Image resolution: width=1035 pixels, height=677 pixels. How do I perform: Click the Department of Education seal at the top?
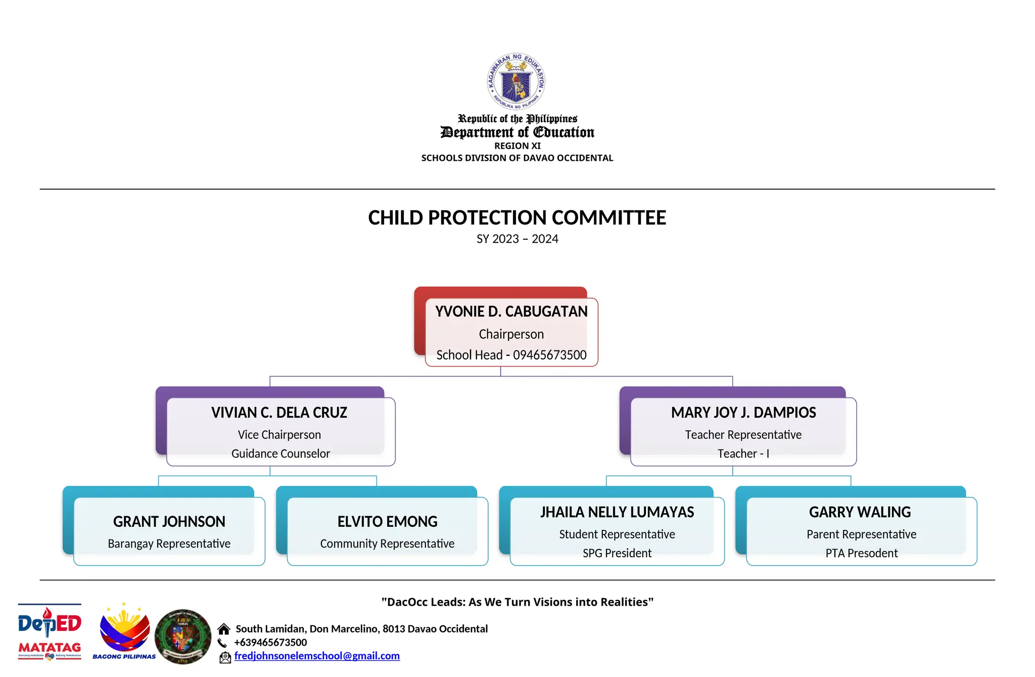coord(516,81)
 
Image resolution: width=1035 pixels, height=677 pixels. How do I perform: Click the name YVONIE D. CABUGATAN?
coord(511,311)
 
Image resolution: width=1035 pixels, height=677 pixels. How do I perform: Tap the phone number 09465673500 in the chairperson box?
coord(549,355)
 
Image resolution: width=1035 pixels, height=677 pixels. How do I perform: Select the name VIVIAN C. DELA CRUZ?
coord(279,413)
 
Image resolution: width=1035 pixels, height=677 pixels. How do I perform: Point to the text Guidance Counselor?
coord(280,454)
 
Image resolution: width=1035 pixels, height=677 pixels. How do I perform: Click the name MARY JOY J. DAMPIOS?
coord(743,413)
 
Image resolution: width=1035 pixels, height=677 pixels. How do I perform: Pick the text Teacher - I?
coord(743,454)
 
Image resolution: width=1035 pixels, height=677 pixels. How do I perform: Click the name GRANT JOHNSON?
coord(169,521)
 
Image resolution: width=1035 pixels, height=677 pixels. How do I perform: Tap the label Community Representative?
coord(387,544)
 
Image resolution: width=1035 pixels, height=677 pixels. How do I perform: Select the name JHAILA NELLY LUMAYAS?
coord(617,512)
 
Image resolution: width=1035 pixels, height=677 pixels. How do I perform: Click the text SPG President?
coord(617,553)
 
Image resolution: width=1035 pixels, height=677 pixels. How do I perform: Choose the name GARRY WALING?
coord(860,512)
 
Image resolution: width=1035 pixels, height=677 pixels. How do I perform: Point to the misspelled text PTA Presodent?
coord(861,553)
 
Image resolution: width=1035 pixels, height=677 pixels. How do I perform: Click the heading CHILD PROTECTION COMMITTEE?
coord(517,218)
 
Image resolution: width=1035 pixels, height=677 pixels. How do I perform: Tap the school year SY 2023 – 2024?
coord(517,239)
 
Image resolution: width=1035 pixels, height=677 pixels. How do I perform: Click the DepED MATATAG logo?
coord(50,632)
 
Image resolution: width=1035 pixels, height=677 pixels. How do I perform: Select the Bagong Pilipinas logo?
coord(124,632)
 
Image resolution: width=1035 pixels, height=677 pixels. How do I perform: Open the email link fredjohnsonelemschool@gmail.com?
coord(317,656)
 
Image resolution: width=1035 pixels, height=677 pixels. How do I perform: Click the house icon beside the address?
coord(224,629)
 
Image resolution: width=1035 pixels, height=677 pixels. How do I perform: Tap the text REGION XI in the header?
coord(517,146)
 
